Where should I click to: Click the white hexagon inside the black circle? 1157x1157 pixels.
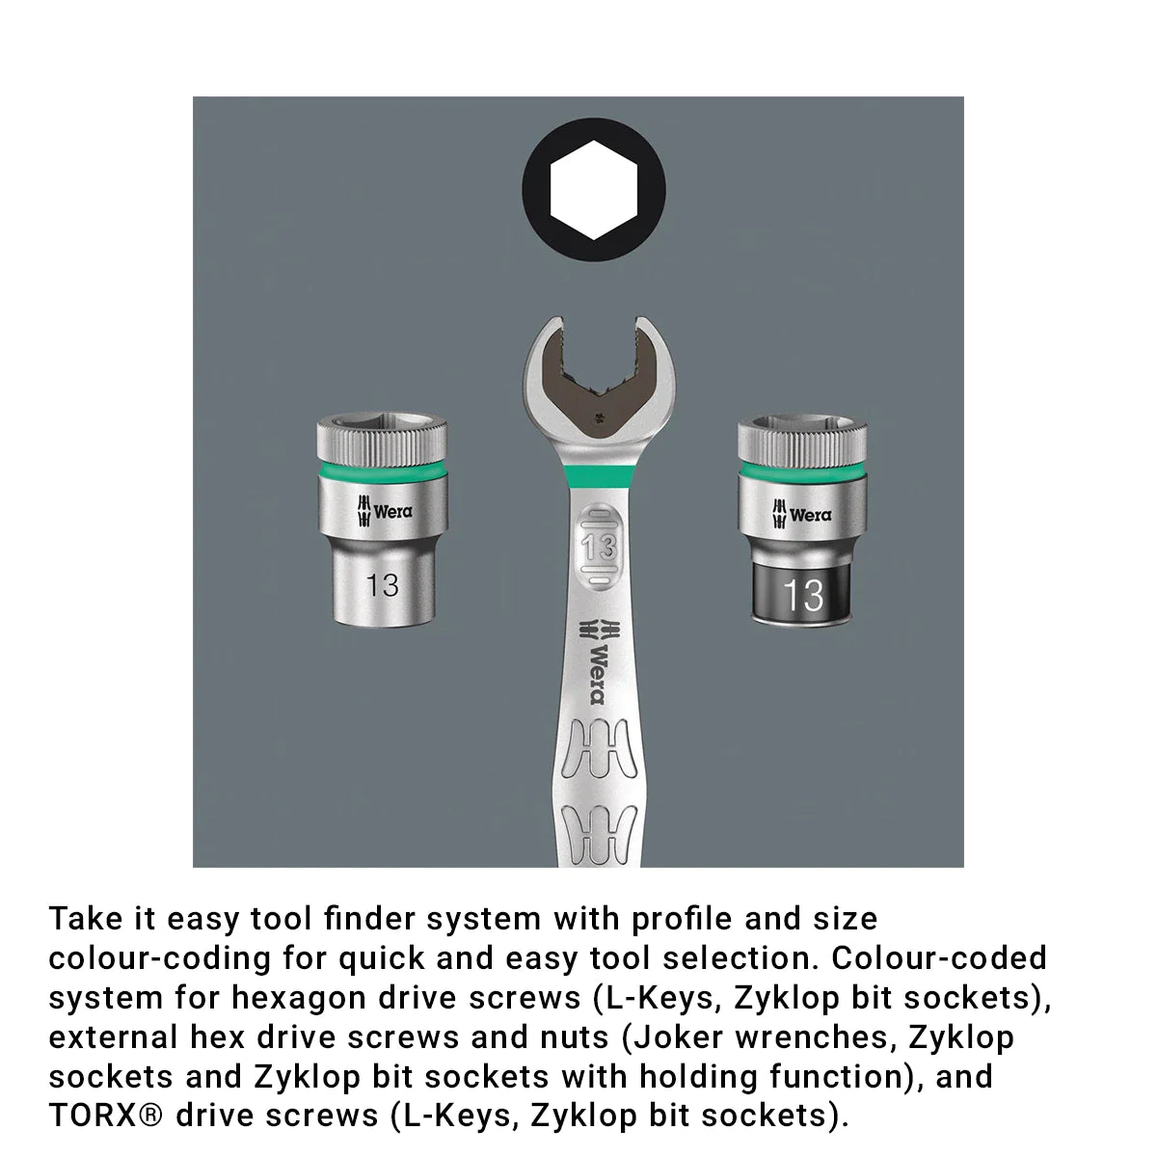coord(593,190)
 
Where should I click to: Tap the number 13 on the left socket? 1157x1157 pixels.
coord(382,585)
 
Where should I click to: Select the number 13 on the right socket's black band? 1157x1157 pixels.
coord(803,595)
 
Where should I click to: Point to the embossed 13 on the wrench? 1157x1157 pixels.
coord(599,547)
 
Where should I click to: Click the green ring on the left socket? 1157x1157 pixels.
coord(383,471)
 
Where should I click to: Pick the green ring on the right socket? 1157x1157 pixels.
coord(802,471)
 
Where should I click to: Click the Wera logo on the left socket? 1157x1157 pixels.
coord(385,512)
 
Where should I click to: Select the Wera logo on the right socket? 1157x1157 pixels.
coord(801,514)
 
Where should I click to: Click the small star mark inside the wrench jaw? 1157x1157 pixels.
coord(598,417)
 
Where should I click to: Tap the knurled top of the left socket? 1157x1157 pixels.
coord(383,439)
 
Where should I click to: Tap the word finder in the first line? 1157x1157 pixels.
coord(369,919)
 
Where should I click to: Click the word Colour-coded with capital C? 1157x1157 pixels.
coord(939,958)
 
